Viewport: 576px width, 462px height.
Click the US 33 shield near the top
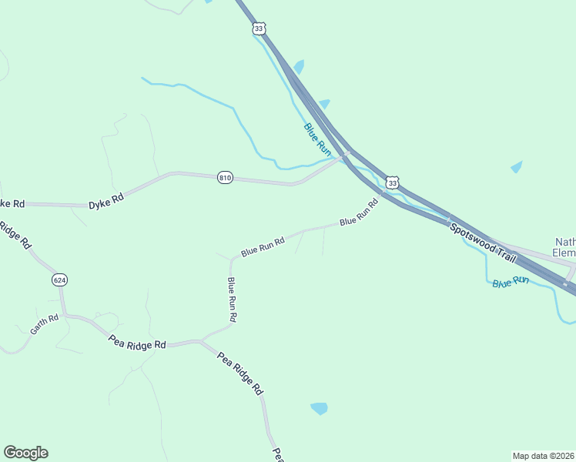pos(259,28)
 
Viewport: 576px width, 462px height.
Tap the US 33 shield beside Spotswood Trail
pos(393,182)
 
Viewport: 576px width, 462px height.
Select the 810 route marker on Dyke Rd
pos(225,177)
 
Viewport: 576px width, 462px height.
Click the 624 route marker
pos(59,280)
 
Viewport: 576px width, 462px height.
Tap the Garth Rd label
pos(45,324)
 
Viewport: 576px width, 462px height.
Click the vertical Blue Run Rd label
pos(232,300)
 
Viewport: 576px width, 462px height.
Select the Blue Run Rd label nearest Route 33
pos(360,212)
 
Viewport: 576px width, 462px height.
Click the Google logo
pos(25,453)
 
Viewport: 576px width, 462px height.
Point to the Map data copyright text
pos(544,456)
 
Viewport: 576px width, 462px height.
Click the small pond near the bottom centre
pos(318,408)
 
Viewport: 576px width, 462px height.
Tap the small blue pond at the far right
pos(516,166)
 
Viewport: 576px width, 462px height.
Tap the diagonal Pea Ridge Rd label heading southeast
pos(240,373)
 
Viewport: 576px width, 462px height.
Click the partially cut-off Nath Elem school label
pos(565,246)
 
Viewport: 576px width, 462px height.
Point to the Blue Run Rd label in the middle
pos(263,246)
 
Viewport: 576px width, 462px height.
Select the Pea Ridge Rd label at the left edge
pos(14,234)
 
